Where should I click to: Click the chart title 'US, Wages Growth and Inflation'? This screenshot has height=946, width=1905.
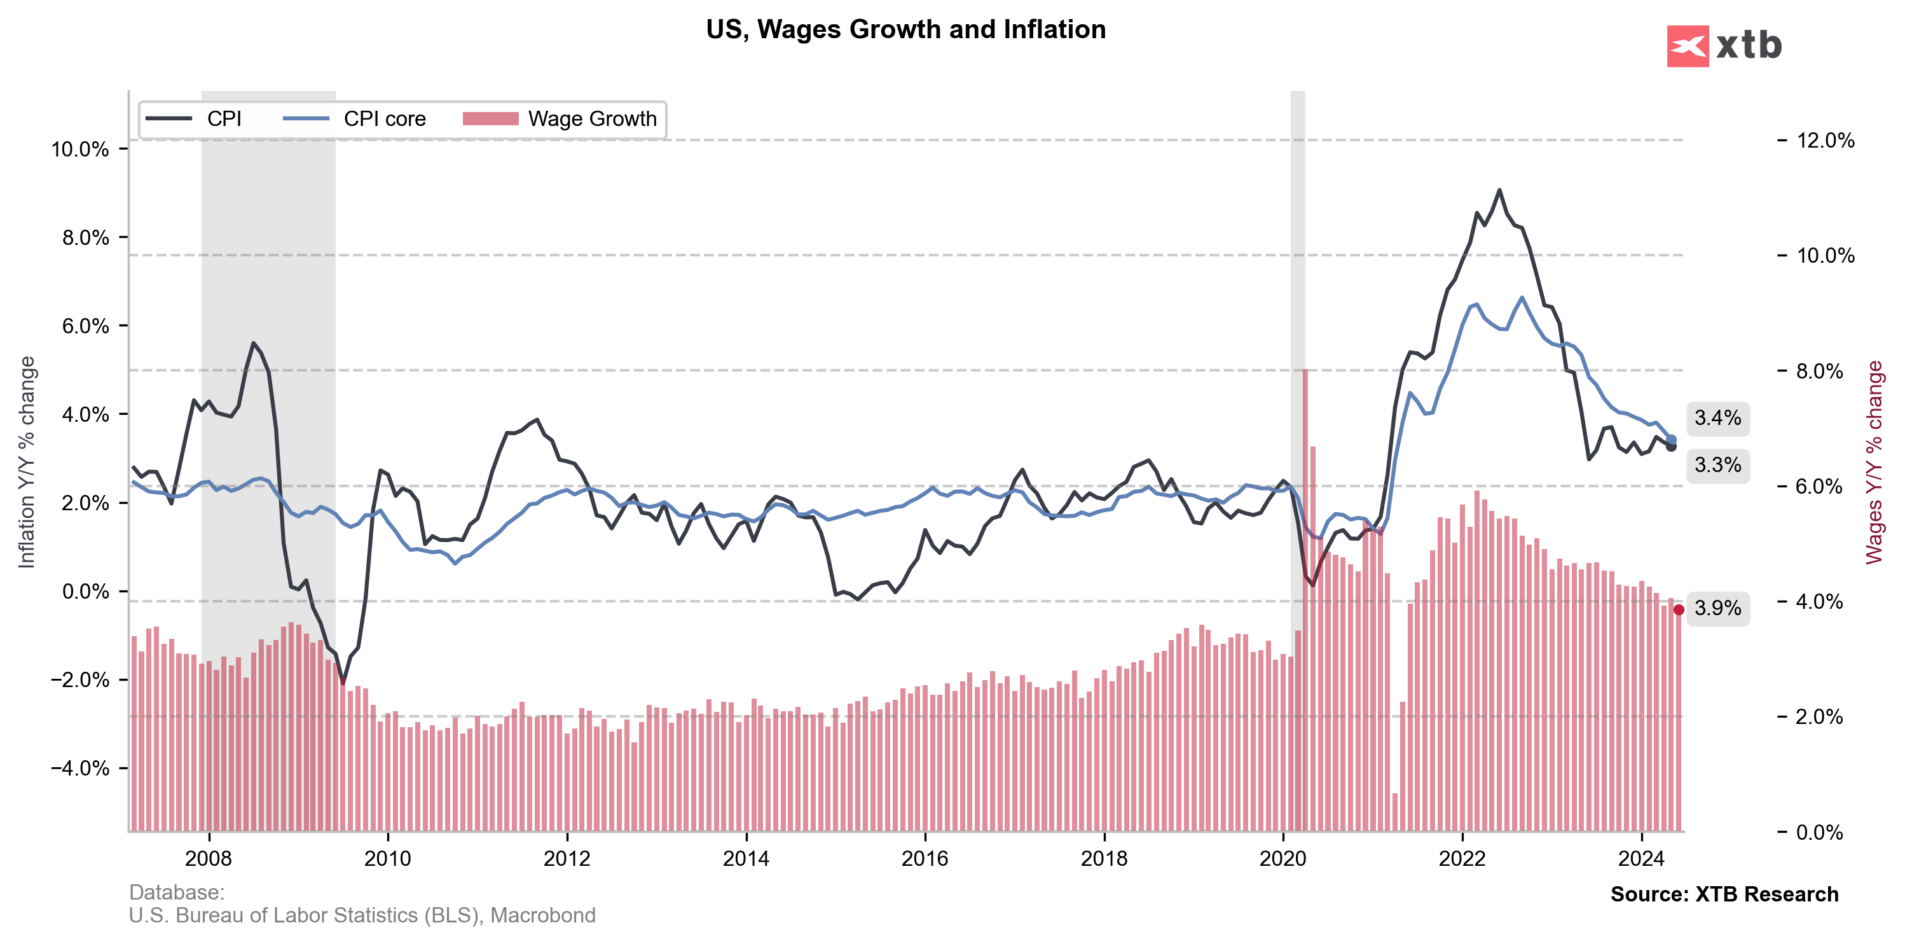[x=905, y=30]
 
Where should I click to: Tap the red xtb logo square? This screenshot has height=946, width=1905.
[x=1687, y=46]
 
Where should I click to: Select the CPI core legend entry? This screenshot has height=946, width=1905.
[x=384, y=119]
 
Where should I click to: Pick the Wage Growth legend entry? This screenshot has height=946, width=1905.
[x=591, y=119]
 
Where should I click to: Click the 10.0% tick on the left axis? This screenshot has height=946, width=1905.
[x=80, y=150]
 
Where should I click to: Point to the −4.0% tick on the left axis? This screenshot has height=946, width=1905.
[x=80, y=769]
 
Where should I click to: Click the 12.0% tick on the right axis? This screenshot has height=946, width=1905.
[x=1825, y=141]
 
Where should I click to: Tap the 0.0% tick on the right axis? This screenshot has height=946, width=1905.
[x=1819, y=832]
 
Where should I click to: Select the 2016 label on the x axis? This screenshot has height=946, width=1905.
[x=925, y=859]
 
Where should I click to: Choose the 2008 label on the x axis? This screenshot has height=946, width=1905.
[x=209, y=859]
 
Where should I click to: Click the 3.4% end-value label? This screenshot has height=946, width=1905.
[x=1717, y=418]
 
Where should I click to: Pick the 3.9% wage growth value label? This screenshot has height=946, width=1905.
[x=1717, y=608]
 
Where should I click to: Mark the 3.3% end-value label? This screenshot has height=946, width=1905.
[x=1717, y=465]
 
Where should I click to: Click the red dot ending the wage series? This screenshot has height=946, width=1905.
[x=1679, y=609]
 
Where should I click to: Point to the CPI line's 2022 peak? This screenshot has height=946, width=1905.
[x=1499, y=190]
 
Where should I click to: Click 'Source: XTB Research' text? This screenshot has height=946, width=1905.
[x=1724, y=894]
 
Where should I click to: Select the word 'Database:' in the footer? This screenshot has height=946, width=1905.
[x=177, y=892]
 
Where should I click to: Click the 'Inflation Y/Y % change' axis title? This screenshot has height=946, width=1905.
[x=27, y=463]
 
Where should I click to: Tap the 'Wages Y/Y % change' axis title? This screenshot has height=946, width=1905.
[x=1874, y=463]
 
